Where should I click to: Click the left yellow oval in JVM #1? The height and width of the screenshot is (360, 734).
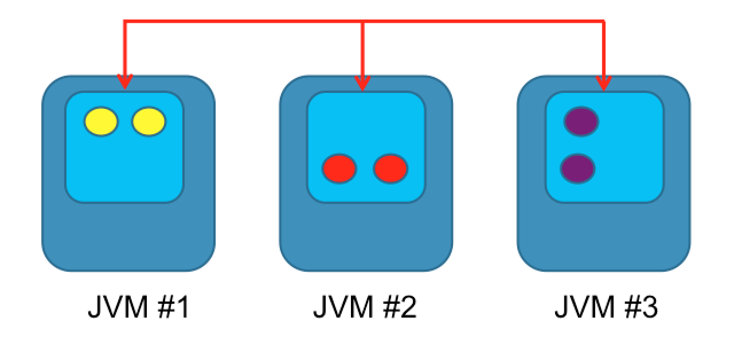101,122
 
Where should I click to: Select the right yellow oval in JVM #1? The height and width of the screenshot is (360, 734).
149,122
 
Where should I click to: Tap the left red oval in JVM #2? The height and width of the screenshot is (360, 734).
339,169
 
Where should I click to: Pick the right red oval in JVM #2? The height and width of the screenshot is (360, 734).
391,169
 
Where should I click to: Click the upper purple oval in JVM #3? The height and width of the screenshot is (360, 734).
581,122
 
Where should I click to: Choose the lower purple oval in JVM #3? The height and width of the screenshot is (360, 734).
577,169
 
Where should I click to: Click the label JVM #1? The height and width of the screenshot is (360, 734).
138,308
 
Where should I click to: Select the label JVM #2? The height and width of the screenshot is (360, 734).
365,308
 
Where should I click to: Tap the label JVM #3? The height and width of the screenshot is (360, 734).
606,308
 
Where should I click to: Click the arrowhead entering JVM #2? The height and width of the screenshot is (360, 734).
362,83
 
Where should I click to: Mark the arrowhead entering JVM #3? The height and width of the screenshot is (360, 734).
603,83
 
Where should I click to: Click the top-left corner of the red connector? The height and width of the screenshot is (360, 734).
125,22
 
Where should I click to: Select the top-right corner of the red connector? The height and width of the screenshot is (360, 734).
603,22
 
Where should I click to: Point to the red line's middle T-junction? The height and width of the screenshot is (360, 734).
362,22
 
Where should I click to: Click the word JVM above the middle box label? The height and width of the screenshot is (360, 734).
341,308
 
